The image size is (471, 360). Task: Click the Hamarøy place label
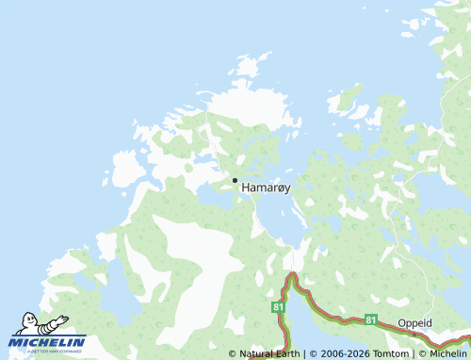click(267, 188)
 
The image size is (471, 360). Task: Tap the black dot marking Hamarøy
click(235, 180)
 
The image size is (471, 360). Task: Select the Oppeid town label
click(414, 322)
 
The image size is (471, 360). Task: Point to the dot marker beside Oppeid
click(414, 333)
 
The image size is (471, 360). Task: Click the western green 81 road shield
click(278, 307)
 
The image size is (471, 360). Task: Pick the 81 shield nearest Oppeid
click(371, 319)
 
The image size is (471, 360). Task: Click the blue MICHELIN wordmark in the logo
click(47, 341)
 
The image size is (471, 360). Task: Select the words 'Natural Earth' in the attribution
click(268, 353)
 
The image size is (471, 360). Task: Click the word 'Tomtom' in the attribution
click(392, 353)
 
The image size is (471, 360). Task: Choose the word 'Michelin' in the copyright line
click(447, 353)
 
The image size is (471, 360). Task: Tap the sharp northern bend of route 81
click(293, 276)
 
